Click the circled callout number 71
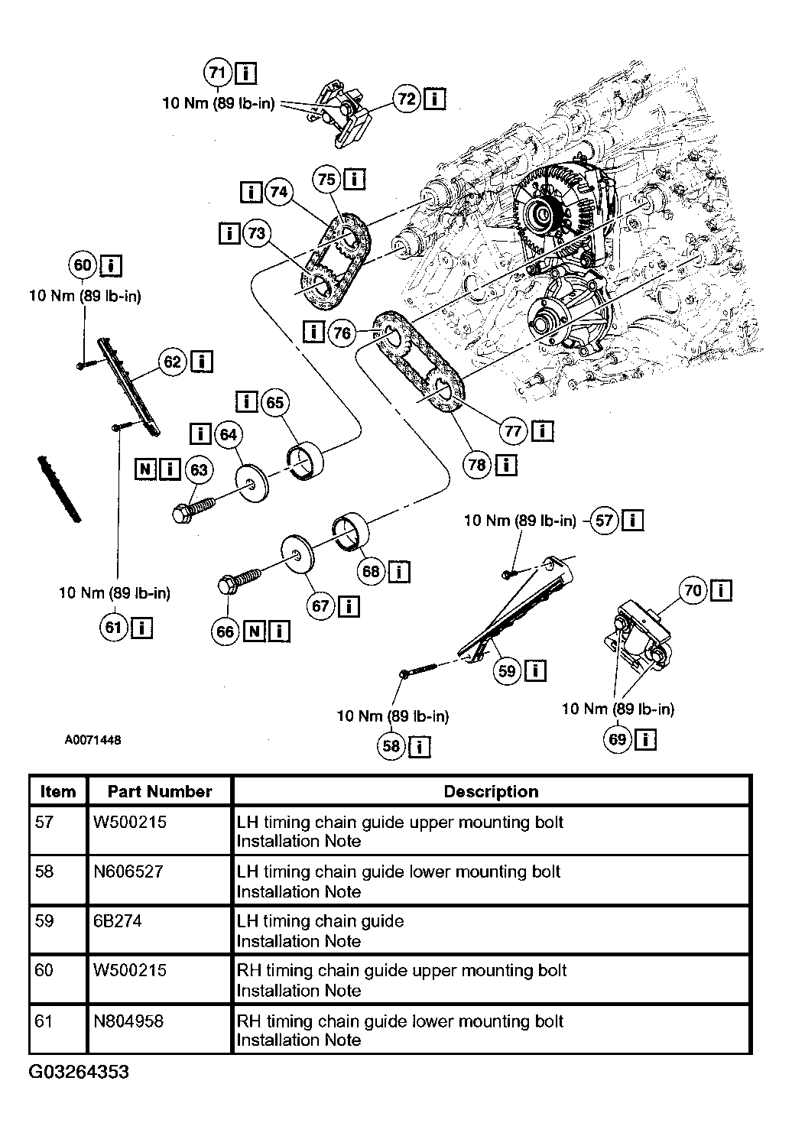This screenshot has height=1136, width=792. (x=218, y=73)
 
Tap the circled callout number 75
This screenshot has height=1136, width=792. (x=326, y=180)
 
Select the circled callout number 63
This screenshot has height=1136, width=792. (x=199, y=469)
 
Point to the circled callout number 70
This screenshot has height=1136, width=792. (x=693, y=590)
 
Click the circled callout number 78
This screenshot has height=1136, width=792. (x=477, y=465)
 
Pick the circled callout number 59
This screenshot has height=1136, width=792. (x=507, y=671)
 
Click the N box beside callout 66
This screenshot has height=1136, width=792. (x=255, y=631)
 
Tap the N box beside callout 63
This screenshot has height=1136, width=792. (x=145, y=469)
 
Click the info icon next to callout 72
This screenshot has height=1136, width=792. (x=434, y=99)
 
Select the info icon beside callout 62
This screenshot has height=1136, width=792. (x=202, y=362)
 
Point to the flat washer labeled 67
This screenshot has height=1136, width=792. (x=297, y=553)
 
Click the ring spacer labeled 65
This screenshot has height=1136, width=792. (x=306, y=460)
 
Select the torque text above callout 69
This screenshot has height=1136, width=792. (x=618, y=709)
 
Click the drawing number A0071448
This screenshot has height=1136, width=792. (x=93, y=740)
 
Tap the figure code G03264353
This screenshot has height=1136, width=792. (x=79, y=1072)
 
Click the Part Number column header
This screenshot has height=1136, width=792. (x=160, y=792)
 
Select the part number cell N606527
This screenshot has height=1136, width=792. (x=128, y=871)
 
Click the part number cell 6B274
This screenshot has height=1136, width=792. (x=118, y=920)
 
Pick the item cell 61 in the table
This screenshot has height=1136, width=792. (x=44, y=1021)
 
